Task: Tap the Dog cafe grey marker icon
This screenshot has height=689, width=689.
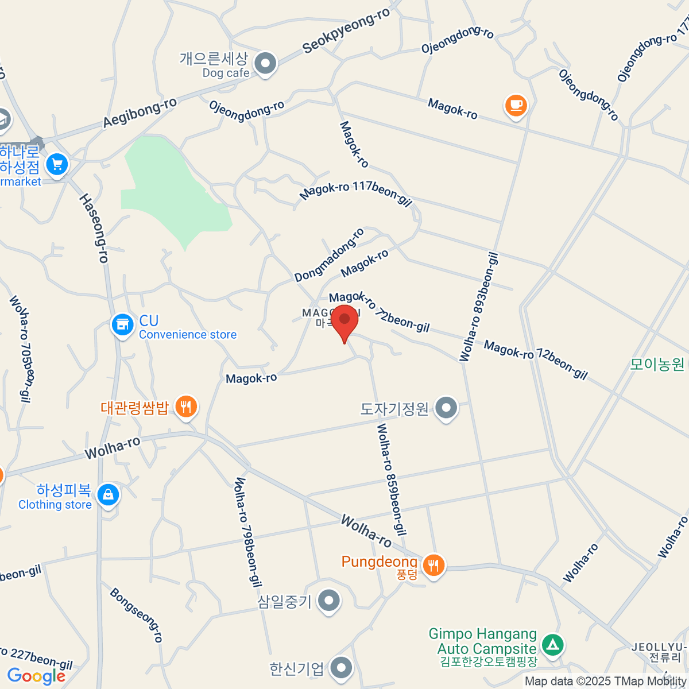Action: [x=265, y=64]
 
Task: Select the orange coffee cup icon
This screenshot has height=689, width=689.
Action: [x=516, y=105]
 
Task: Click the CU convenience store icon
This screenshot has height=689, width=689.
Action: [x=122, y=326]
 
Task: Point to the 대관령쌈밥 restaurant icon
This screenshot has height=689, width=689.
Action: [x=185, y=407]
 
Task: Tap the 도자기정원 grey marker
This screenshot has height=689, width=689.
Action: [x=446, y=409]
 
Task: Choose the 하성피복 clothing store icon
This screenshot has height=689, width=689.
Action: [x=108, y=495]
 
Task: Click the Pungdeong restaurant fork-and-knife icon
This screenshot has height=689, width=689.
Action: [x=433, y=566]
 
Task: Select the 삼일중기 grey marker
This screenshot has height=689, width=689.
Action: [x=328, y=601]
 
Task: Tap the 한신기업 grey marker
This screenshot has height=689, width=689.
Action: [x=342, y=668]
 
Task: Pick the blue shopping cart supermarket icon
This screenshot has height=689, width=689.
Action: [x=57, y=165]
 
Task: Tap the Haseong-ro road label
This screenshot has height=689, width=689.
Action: [x=94, y=228]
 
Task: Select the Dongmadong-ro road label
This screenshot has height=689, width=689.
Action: [x=329, y=256]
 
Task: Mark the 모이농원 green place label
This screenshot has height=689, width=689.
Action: [x=657, y=364]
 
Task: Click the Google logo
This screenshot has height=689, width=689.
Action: [x=36, y=676]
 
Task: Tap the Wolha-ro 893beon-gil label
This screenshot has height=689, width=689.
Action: [x=479, y=307]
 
